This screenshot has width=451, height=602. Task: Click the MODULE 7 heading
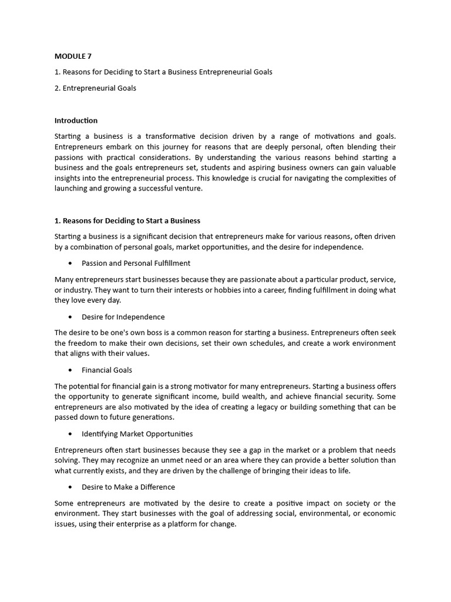pos(73,56)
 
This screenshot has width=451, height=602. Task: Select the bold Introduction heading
pos(76,121)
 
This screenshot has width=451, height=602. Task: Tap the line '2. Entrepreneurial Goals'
pos(95,88)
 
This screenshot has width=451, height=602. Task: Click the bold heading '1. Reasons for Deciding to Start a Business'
pos(127,220)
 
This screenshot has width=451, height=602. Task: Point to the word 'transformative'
pos(170,136)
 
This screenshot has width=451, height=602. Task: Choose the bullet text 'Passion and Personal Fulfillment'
pos(136,263)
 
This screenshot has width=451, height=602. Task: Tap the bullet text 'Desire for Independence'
pos(123,317)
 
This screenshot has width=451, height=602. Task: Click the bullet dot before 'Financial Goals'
pos(70,370)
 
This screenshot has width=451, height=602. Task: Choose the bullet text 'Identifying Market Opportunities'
pos(137,434)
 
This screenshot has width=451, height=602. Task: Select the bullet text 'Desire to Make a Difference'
pos(128,487)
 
